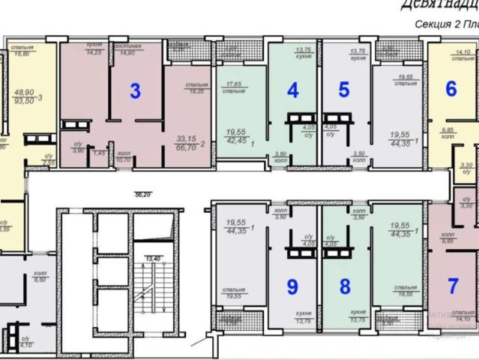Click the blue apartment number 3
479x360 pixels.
click(x=135, y=91)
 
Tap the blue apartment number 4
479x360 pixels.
click(x=293, y=90)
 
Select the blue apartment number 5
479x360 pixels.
click(x=344, y=90)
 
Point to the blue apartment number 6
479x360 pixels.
click(x=451, y=89)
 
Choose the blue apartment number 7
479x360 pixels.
click(x=453, y=285)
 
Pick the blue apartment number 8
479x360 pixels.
click(x=345, y=286)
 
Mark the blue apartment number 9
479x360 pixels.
click(x=293, y=286)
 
